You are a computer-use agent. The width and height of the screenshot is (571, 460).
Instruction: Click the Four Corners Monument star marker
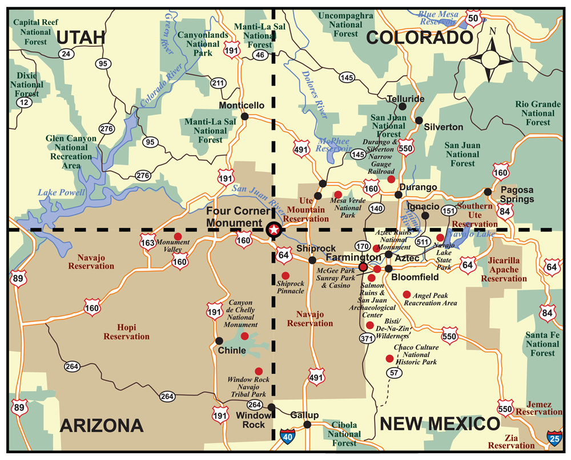[x=274, y=230]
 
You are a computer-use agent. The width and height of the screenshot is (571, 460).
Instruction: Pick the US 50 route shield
[x=473, y=18]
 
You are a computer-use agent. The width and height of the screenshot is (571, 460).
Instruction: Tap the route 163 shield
[x=147, y=244]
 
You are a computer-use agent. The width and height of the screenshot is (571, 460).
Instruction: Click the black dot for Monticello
[x=244, y=116]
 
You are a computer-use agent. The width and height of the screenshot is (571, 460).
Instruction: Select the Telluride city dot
[x=403, y=106]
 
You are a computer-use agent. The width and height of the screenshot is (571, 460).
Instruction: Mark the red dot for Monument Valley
[x=178, y=236]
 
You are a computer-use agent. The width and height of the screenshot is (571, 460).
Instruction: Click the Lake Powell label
[x=61, y=193]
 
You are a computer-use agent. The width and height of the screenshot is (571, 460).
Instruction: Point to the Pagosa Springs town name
[x=517, y=194]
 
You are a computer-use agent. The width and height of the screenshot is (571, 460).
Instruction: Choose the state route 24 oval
[x=66, y=54]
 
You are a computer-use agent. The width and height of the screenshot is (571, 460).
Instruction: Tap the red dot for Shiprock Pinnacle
[x=285, y=275]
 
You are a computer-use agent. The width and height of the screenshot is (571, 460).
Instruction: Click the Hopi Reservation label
[x=126, y=332]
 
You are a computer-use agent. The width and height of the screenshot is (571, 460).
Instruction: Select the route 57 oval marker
[x=394, y=373]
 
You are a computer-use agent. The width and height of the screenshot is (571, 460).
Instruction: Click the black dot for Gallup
[x=307, y=424]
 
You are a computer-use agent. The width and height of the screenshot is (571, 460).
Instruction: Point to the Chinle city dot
[x=219, y=340]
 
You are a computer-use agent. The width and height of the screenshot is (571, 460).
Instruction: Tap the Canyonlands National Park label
[x=198, y=44]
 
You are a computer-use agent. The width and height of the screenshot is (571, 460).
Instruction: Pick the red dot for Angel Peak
[x=407, y=294]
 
